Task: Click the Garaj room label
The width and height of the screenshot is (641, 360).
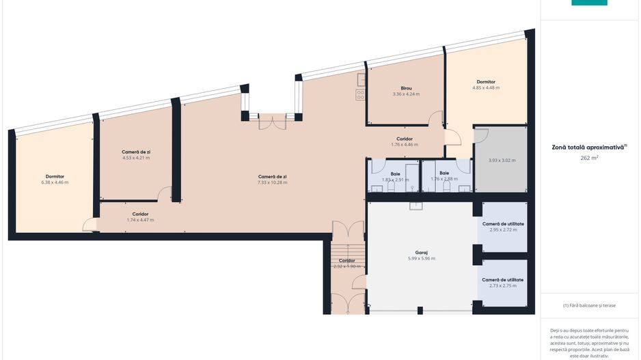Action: (421, 253)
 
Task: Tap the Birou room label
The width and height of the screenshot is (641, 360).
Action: (406, 88)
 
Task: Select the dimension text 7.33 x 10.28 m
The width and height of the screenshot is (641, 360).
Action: (272, 182)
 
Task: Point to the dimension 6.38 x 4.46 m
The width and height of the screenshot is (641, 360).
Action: (55, 182)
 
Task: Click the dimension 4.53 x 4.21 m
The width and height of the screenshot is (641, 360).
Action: (136, 158)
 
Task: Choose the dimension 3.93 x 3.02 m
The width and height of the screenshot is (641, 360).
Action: (502, 160)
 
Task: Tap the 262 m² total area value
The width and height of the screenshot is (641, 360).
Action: (589, 158)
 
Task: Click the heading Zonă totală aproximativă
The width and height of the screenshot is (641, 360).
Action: (588, 147)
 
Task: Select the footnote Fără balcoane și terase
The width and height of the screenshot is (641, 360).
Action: (589, 305)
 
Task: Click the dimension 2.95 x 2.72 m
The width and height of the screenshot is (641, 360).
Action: (503, 230)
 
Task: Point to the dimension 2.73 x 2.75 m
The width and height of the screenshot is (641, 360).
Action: (503, 286)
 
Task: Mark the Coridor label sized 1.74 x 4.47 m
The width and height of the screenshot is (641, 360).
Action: (140, 214)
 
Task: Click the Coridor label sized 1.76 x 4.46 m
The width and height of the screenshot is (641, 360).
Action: (405, 139)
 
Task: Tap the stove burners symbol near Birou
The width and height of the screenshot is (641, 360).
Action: (360, 95)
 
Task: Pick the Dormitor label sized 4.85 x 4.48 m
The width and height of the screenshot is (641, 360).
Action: (486, 82)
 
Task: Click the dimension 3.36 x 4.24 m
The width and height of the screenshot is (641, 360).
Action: (406, 94)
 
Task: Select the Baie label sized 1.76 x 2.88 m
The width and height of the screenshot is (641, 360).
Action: (444, 174)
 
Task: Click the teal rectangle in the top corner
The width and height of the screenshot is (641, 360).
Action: (589, 3)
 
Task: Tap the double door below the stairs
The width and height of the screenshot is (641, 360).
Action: (347, 303)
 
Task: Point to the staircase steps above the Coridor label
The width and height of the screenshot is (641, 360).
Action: (347, 251)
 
